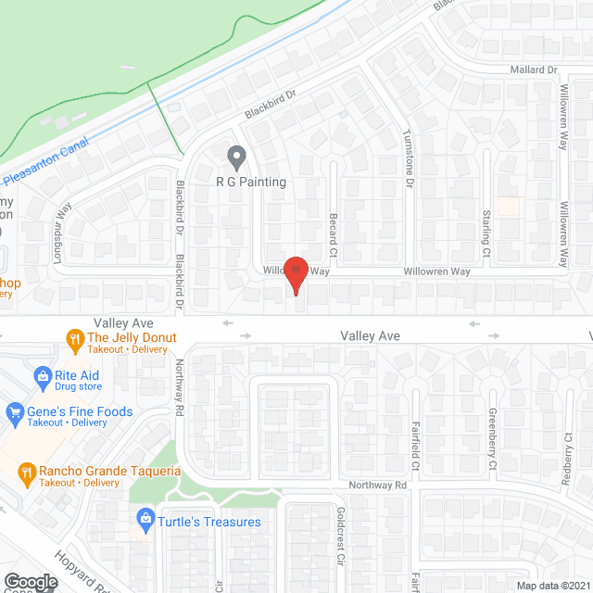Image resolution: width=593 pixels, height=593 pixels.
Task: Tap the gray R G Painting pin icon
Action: [x=236, y=158]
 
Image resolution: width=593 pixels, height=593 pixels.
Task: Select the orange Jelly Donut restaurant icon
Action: [x=74, y=338]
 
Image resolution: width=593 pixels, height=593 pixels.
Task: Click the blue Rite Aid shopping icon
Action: [x=42, y=375]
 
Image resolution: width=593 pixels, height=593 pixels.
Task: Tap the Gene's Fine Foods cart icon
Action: [x=14, y=411]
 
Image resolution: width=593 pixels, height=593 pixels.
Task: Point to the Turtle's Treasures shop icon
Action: [x=144, y=521]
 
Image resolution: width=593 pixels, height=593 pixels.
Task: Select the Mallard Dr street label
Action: [x=532, y=69]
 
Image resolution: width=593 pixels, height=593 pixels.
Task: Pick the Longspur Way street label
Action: [x=63, y=233]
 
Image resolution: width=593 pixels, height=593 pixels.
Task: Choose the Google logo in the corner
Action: [x=30, y=581]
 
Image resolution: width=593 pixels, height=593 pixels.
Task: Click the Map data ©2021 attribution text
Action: [x=552, y=586]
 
